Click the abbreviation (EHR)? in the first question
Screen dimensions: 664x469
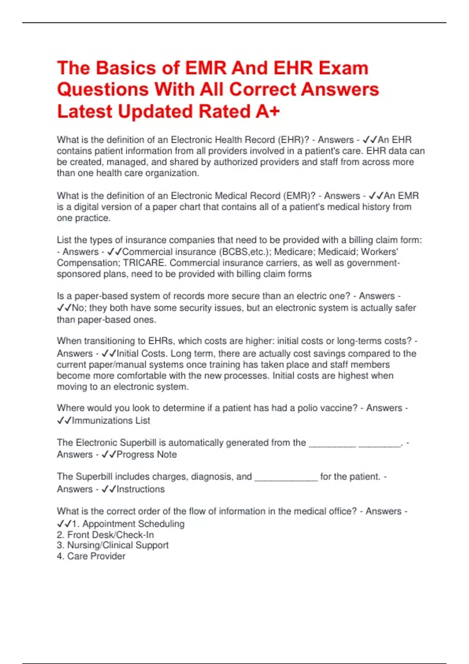coord(290,140)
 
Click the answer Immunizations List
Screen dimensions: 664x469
coord(111,421)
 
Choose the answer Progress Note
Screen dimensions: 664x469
coord(147,455)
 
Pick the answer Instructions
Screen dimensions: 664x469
coord(141,489)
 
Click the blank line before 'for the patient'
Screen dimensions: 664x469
coord(286,477)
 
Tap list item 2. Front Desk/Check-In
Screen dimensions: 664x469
coord(106,535)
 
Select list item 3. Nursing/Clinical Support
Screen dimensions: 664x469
coord(113,545)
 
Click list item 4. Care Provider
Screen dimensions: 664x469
coord(91,556)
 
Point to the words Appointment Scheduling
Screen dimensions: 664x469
coord(133,524)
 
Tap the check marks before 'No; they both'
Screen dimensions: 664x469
coord(64,308)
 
